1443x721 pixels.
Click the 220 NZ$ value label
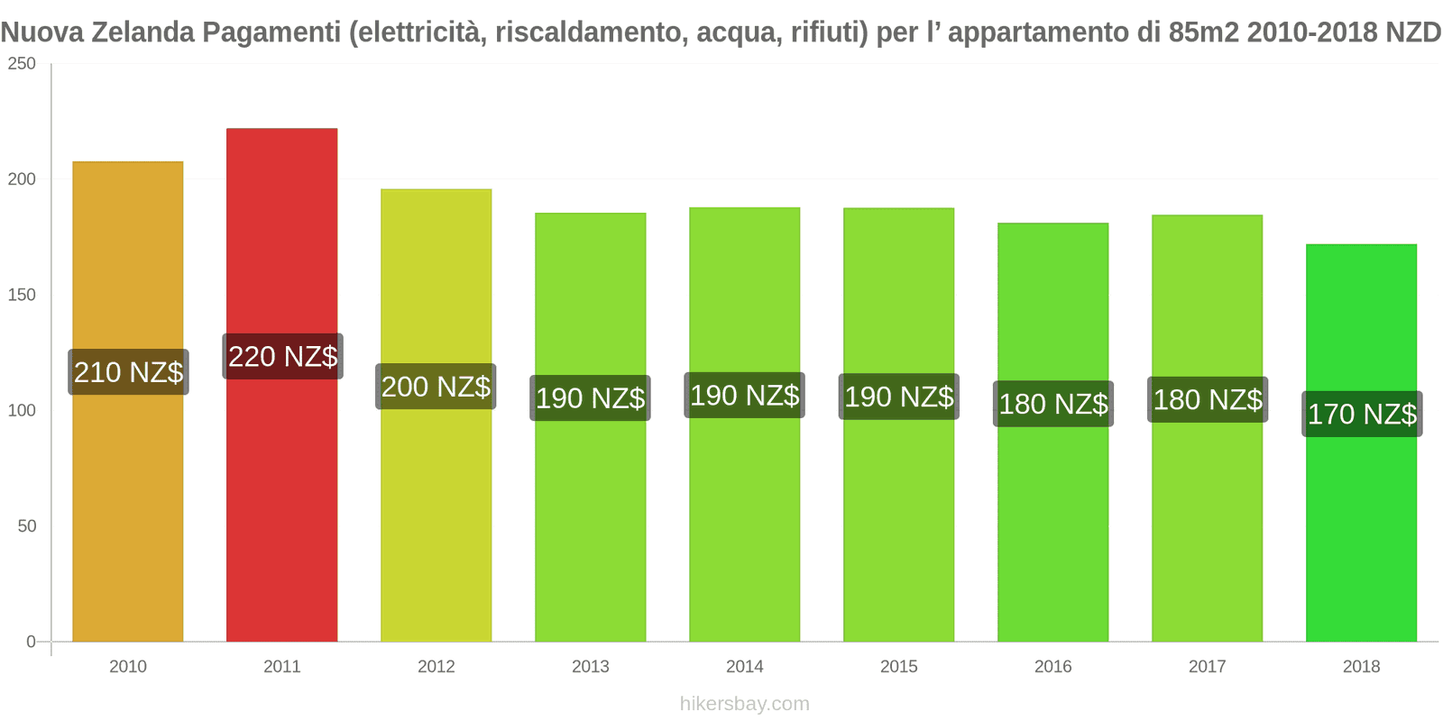[x=282, y=357]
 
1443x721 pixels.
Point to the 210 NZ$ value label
[x=128, y=372]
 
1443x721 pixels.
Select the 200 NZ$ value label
[x=436, y=387]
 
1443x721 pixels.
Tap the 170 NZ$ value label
[x=1362, y=414]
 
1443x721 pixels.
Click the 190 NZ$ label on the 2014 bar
[x=744, y=396]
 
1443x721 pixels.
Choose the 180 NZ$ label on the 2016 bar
[x=1052, y=404]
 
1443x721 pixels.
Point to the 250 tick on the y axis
[x=22, y=64]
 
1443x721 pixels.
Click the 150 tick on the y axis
[x=22, y=295]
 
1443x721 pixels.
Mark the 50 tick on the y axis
[x=27, y=526]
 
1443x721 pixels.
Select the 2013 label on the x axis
[x=591, y=667]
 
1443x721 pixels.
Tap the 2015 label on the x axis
[x=899, y=667]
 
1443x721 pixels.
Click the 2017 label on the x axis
[x=1207, y=667]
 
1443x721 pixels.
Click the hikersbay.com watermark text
[x=744, y=704]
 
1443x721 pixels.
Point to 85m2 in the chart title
[x=1207, y=32]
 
